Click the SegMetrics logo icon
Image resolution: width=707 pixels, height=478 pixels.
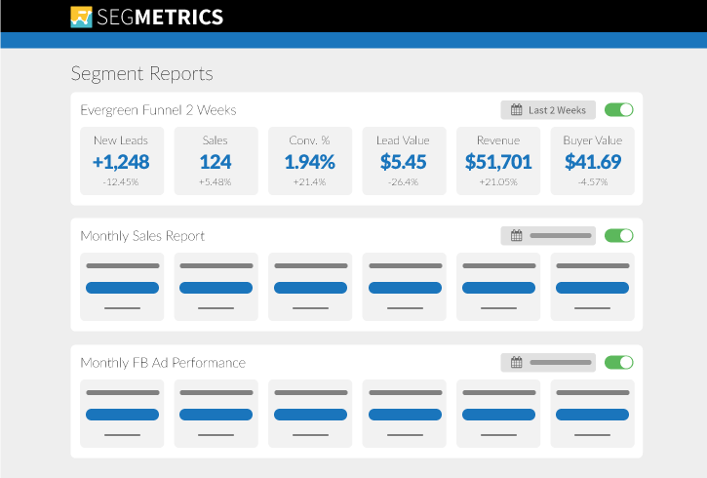tap(82, 17)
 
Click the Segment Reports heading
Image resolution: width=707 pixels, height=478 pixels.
tap(141, 74)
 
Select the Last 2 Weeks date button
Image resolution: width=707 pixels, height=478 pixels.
tap(548, 110)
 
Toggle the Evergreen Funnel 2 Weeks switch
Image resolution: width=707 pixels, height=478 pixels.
tap(619, 110)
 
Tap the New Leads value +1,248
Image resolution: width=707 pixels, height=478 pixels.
tap(122, 162)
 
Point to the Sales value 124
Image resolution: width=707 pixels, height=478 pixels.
tap(216, 162)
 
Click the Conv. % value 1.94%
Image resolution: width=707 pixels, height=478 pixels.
tap(310, 162)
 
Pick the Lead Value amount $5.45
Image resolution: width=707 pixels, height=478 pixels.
tap(404, 162)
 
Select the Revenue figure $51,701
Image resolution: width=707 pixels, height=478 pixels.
tap(498, 162)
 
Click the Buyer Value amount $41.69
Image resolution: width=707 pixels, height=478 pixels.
tap(592, 162)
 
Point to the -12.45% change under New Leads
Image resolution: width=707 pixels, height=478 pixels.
tap(122, 181)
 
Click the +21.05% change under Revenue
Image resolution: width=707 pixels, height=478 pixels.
tap(498, 181)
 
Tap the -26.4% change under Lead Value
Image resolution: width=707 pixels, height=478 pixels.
tap(404, 181)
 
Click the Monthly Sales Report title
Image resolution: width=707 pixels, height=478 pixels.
tap(142, 236)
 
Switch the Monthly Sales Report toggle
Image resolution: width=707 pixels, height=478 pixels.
tap(619, 235)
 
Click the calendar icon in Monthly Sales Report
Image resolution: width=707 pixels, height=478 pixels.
tap(517, 236)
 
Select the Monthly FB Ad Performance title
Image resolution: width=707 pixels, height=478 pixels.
tap(163, 363)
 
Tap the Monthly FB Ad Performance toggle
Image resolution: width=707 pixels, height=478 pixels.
tap(619, 362)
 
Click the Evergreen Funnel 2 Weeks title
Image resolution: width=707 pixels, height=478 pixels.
tap(158, 110)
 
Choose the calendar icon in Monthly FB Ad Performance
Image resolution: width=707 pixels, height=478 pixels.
tap(517, 363)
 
